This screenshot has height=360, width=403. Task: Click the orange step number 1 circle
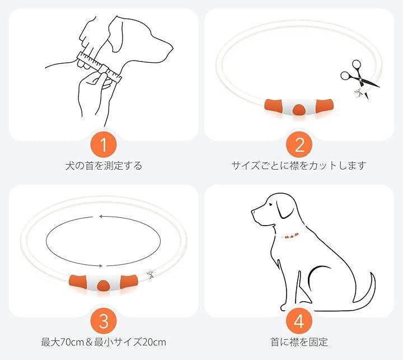(x=104, y=144)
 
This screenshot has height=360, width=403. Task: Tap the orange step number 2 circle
(x=299, y=144)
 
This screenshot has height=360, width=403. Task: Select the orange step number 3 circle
(x=104, y=321)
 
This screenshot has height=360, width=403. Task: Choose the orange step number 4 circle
(x=299, y=321)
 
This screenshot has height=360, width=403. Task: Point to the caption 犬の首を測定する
(x=104, y=166)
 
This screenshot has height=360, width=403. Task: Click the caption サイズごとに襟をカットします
(x=299, y=166)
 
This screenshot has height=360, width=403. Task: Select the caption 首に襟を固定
(x=299, y=342)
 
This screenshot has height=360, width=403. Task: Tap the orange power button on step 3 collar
(x=104, y=285)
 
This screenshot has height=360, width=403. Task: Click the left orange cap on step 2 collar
(x=274, y=105)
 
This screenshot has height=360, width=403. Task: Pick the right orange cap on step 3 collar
(x=129, y=281)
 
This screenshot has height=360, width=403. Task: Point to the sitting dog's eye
(x=270, y=204)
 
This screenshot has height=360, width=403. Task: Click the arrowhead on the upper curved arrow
(x=101, y=217)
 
